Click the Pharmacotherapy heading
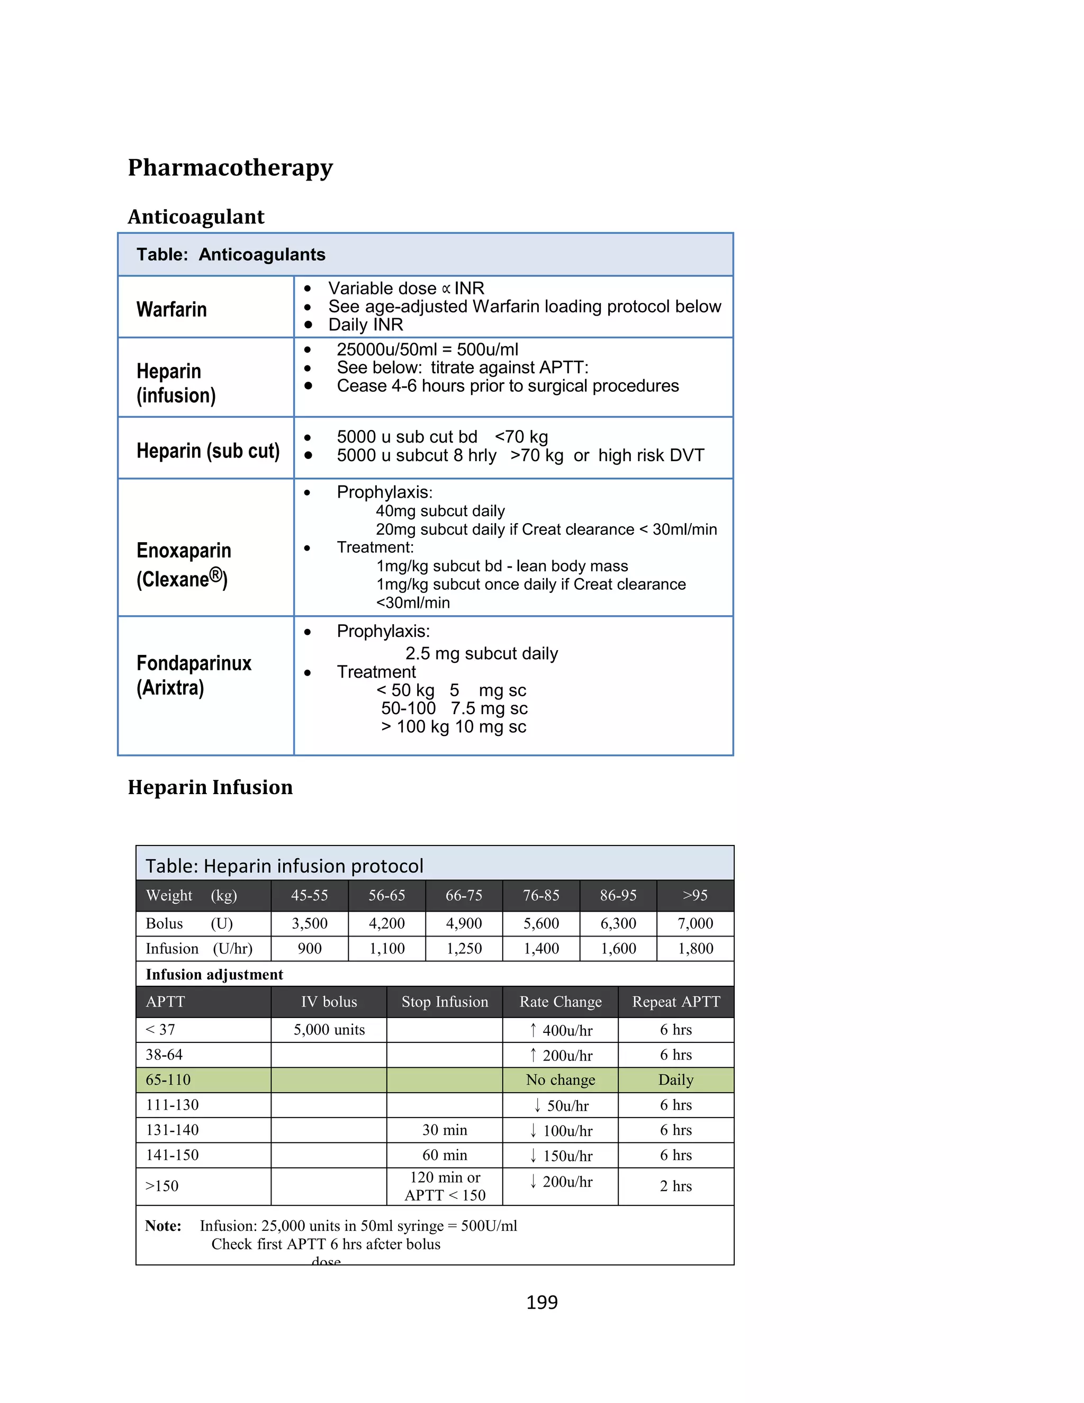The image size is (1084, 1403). [x=230, y=168]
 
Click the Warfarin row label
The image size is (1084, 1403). [x=171, y=310]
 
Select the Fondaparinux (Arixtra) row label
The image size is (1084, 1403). [x=193, y=675]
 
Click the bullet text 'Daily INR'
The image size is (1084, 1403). [x=365, y=325]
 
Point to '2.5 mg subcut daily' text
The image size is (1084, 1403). [x=481, y=653]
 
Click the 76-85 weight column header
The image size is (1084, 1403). [x=541, y=895]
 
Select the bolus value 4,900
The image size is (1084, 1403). [x=464, y=924]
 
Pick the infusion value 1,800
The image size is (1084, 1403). [x=695, y=949]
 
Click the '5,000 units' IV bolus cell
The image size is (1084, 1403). [x=329, y=1030]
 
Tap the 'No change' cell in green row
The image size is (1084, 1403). [x=560, y=1080]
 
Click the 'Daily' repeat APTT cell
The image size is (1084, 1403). [x=675, y=1080]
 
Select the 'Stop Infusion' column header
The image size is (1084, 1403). [x=445, y=1002]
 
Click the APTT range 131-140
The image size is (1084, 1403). [x=172, y=1130]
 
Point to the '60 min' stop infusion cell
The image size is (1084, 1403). [x=445, y=1155]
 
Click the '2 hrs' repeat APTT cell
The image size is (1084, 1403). [x=675, y=1186]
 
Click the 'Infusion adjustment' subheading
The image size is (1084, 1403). [x=214, y=975]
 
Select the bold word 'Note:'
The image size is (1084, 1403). [x=163, y=1226]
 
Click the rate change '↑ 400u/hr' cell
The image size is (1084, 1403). [x=560, y=1030]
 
